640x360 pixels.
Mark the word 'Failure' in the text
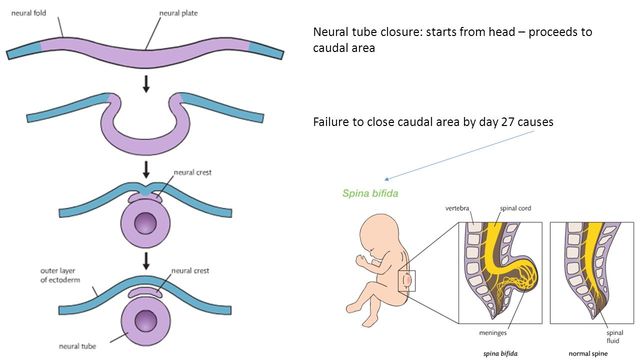point(334,122)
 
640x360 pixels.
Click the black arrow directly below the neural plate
point(147,86)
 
